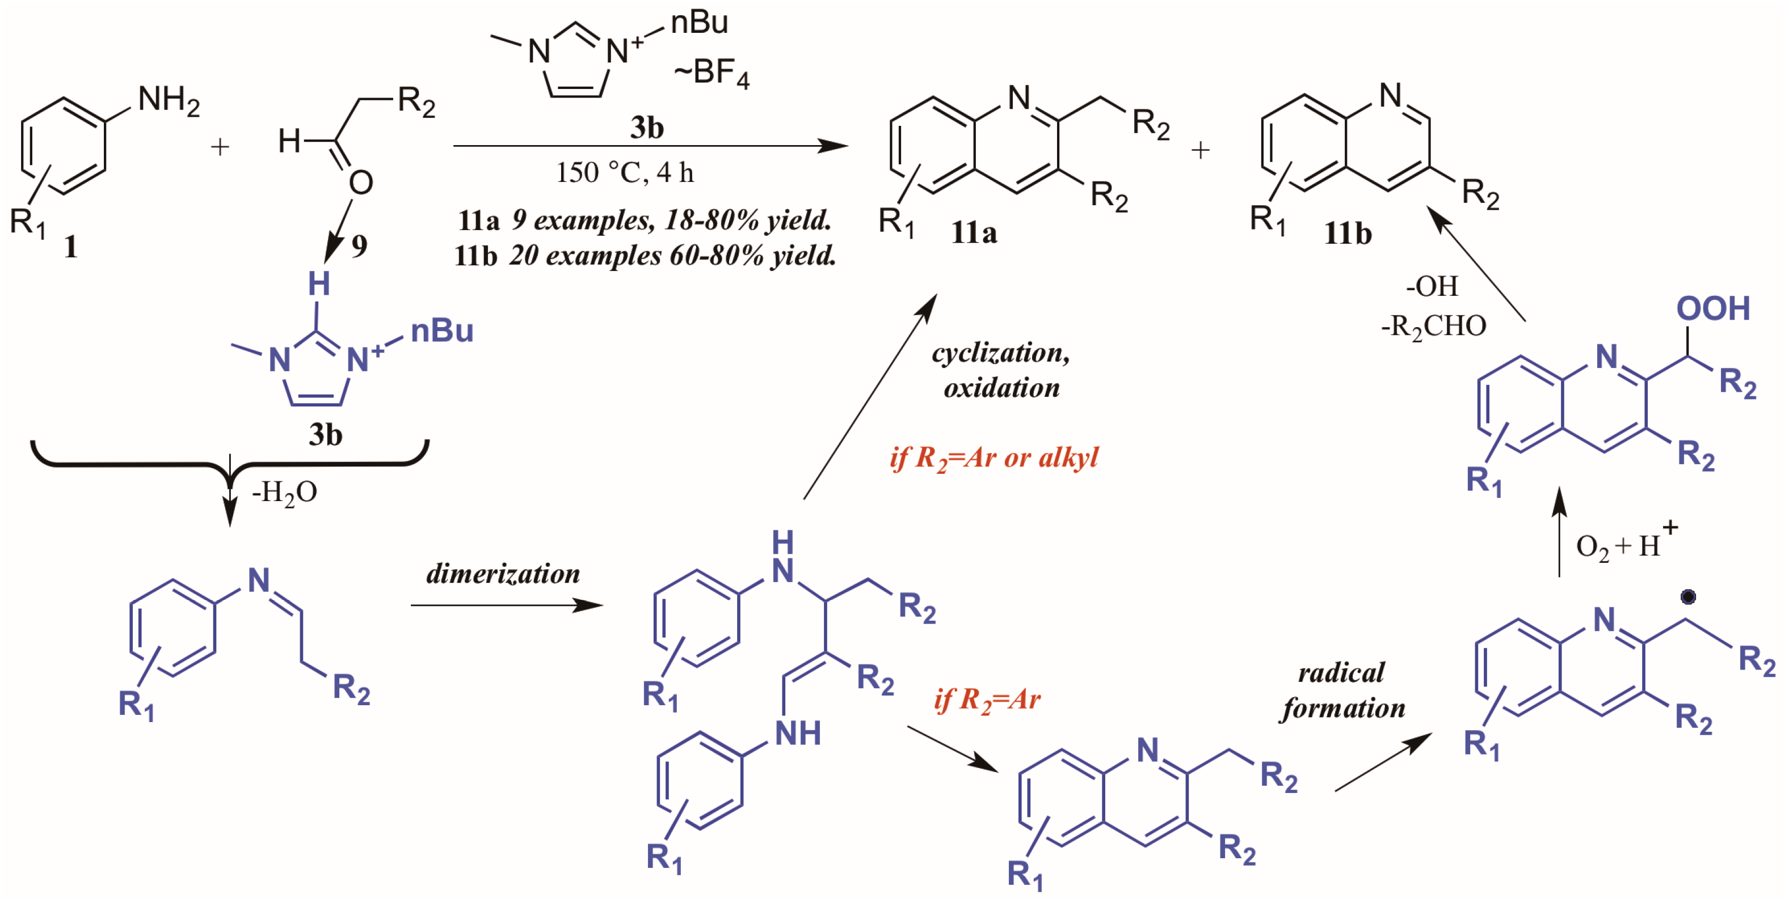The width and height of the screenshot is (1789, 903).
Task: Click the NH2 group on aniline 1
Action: click(168, 101)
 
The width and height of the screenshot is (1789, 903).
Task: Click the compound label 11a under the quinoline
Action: click(974, 232)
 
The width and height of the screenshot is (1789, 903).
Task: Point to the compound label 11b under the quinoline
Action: click(1348, 233)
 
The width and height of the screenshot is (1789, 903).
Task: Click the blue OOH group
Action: click(1712, 309)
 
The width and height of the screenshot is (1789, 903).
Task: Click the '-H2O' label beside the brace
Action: click(285, 493)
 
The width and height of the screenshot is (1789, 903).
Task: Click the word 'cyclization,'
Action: click(1001, 353)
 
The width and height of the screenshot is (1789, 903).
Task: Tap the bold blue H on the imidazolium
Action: click(319, 284)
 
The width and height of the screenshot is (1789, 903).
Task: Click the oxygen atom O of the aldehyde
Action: click(361, 183)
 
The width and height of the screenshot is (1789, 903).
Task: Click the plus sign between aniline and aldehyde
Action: click(220, 147)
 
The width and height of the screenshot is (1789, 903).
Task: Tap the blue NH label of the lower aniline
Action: click(798, 734)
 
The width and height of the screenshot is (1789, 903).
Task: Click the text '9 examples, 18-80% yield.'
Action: click(672, 221)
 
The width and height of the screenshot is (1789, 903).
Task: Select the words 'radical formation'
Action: click(1342, 690)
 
